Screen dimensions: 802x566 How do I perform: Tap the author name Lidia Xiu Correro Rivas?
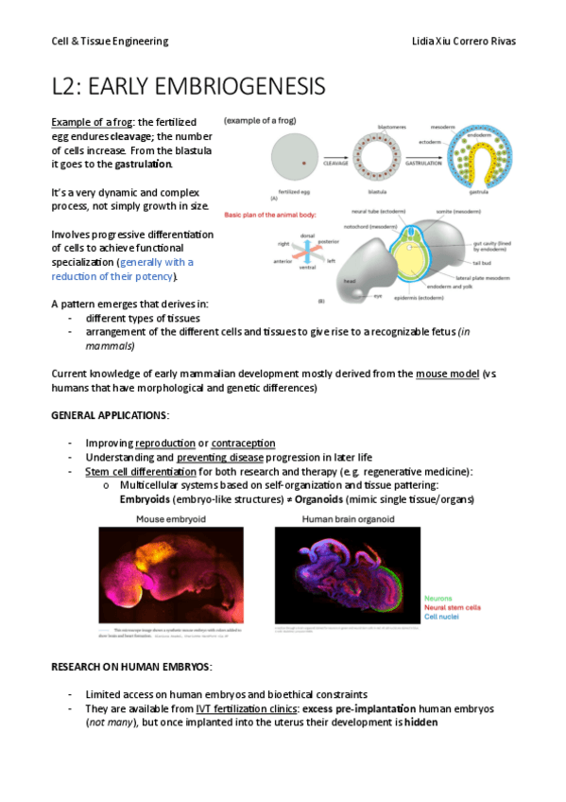pyautogui.click(x=464, y=42)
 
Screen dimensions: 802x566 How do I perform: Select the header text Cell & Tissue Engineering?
pyautogui.click(x=110, y=42)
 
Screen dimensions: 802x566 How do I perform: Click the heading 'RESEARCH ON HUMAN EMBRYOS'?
pyautogui.click(x=131, y=668)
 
